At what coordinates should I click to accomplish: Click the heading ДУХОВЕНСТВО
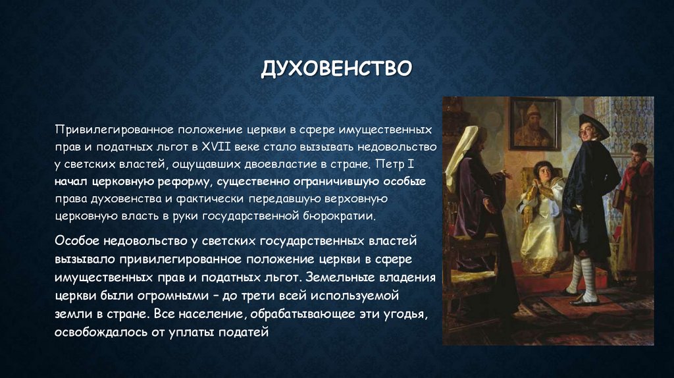pyautogui.click(x=336, y=68)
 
